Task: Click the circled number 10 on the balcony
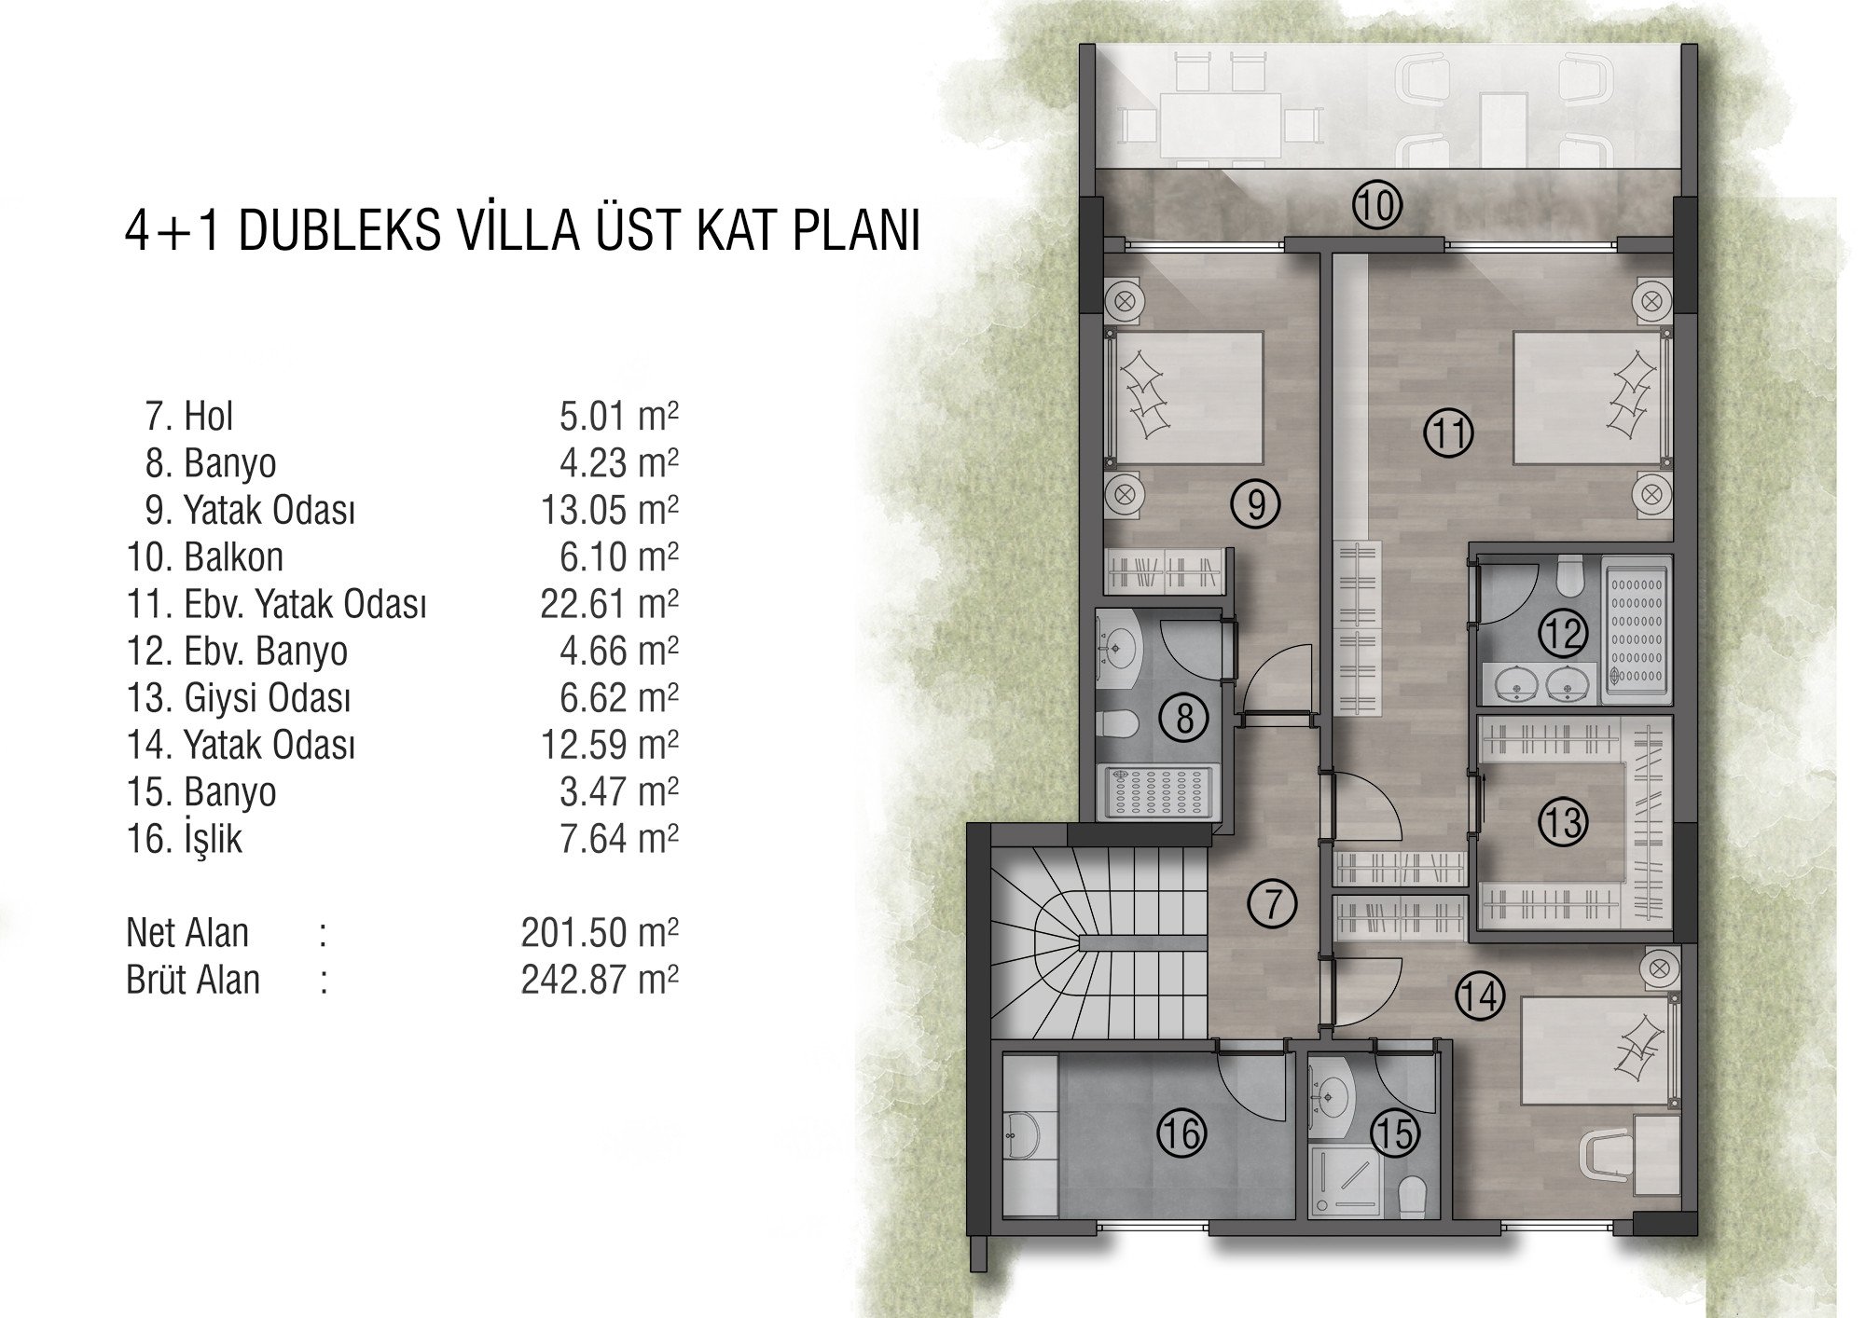[1377, 205]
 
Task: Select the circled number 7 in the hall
[1274, 904]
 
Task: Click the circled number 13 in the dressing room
[1563, 822]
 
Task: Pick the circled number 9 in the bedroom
[1256, 504]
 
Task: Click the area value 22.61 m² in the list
[609, 604]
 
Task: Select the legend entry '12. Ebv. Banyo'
[237, 652]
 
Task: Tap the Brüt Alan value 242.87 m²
[600, 980]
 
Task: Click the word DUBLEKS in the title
[339, 232]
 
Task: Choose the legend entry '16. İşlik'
[185, 839]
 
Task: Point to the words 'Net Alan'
[187, 933]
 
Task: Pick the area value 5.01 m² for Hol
[618, 416]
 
